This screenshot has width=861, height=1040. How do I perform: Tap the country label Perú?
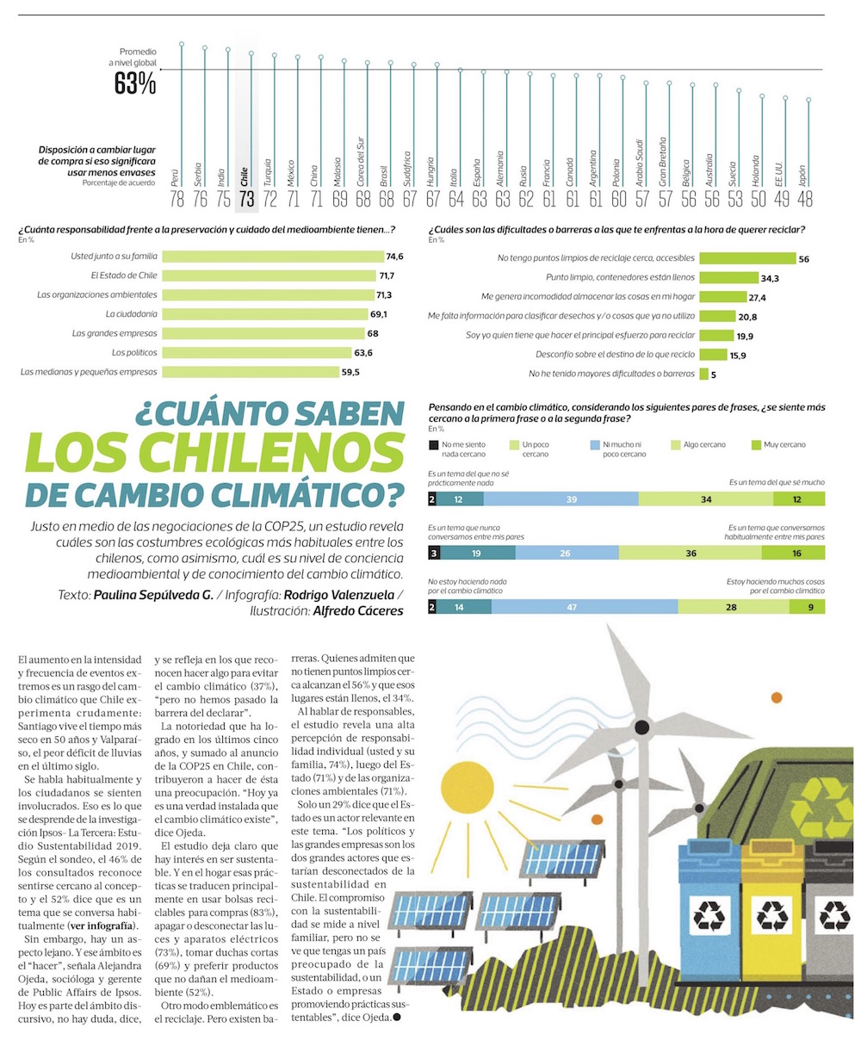click(176, 178)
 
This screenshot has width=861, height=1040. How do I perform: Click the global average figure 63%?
click(135, 84)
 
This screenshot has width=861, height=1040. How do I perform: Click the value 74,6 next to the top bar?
click(395, 257)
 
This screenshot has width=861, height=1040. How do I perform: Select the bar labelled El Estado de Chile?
click(270, 275)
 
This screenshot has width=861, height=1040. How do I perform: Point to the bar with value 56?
click(746, 258)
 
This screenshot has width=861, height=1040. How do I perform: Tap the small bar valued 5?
click(703, 374)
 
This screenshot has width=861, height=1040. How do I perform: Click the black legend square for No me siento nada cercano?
click(433, 445)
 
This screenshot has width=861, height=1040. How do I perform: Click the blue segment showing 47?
click(585, 607)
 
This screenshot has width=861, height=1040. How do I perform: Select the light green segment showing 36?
click(691, 553)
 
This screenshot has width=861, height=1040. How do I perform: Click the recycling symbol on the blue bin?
click(709, 915)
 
